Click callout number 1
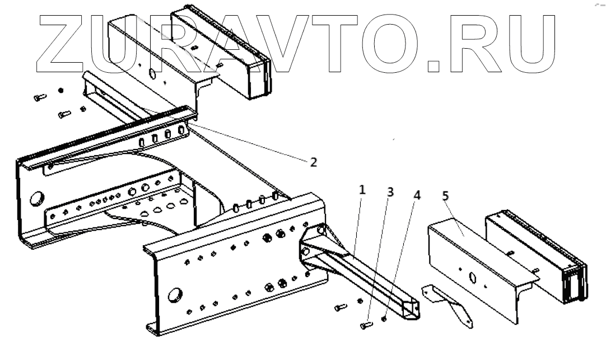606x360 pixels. click(x=362, y=190)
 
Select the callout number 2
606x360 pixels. click(x=313, y=162)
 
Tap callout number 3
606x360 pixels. click(x=390, y=191)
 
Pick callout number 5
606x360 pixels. click(x=445, y=196)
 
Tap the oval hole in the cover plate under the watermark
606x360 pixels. click(x=152, y=73)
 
